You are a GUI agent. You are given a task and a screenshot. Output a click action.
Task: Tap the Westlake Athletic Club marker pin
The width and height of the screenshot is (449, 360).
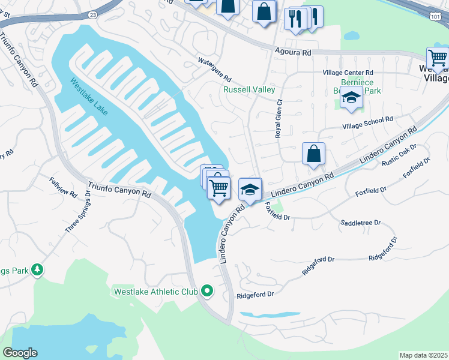pyautogui.click(x=208, y=292)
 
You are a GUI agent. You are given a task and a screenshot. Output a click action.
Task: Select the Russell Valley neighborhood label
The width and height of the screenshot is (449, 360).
pyautogui.click(x=249, y=89)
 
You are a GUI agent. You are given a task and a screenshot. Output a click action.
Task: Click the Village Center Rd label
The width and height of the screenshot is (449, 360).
pyautogui.click(x=349, y=73)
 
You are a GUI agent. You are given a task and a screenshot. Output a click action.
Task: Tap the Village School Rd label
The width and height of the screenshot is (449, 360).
pyautogui.click(x=367, y=122)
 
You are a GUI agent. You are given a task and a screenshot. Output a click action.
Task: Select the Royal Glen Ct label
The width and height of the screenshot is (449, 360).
pyautogui.click(x=279, y=123)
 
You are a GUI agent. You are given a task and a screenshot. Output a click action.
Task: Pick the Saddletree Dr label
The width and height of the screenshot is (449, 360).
pyautogui.click(x=361, y=222)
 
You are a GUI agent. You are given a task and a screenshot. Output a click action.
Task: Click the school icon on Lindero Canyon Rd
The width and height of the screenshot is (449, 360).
pyautogui.click(x=250, y=190)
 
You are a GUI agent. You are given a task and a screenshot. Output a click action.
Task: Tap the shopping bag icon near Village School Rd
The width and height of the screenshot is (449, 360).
pyautogui.click(x=313, y=154)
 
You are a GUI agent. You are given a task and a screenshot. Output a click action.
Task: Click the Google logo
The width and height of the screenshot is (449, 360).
pyautogui.click(x=20, y=353)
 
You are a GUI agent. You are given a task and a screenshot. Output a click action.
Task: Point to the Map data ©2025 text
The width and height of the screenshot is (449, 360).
pyautogui.click(x=423, y=355)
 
